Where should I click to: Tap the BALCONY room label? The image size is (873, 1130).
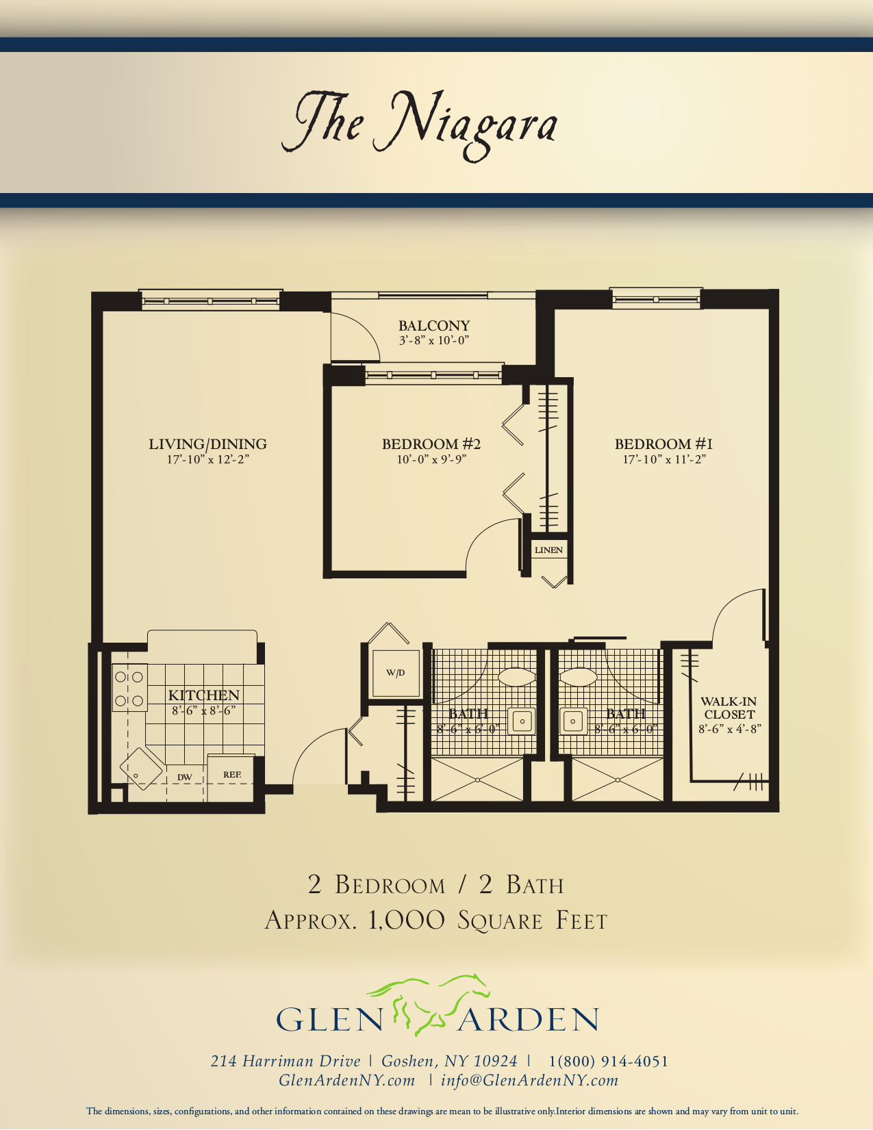434,326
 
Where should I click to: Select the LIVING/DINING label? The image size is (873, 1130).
207,444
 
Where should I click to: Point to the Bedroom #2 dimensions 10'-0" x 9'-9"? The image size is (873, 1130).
431,459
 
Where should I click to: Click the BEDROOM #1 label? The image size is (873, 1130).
663,444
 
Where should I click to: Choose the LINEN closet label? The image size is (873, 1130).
548,550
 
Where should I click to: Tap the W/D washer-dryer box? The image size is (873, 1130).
396,673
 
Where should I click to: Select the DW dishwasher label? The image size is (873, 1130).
185,778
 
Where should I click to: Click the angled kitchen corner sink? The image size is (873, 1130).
141,769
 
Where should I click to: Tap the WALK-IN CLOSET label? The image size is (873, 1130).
729,708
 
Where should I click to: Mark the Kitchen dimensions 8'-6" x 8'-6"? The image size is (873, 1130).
204,710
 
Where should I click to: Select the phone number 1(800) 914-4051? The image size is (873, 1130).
608,1062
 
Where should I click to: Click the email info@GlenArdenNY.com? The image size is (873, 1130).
530,1081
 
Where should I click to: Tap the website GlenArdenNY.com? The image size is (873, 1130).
347,1081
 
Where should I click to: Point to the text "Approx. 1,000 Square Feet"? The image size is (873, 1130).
436,921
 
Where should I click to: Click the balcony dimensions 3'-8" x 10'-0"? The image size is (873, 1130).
434,341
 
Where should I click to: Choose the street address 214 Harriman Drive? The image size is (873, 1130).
285,1062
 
